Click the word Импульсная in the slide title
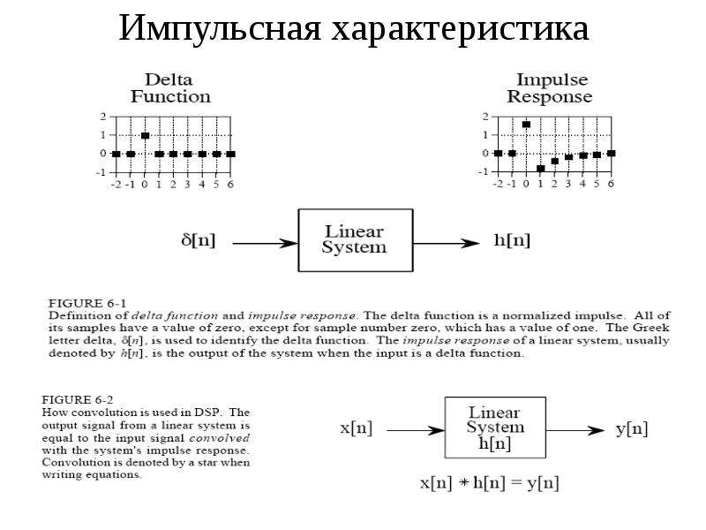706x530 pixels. pyautogui.click(x=220, y=29)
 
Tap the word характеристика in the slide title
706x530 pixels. pyautogui.click(x=460, y=30)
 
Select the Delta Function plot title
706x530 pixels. pyautogui.click(x=170, y=88)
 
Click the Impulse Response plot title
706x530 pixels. pyautogui.click(x=550, y=88)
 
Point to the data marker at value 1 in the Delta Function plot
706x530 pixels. pyautogui.click(x=145, y=135)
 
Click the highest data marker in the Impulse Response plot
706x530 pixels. pyautogui.click(x=526, y=125)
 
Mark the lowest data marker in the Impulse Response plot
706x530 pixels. pyautogui.click(x=540, y=169)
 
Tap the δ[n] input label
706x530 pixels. pyautogui.click(x=198, y=240)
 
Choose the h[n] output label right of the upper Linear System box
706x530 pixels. pyautogui.click(x=512, y=240)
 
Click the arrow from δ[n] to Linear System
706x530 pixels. pyautogui.click(x=266, y=244)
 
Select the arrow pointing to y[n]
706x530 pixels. pyautogui.click(x=575, y=430)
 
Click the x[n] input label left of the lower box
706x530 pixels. pyautogui.click(x=357, y=428)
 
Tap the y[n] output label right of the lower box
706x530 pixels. pyautogui.click(x=632, y=428)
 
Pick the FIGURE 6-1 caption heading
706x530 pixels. pyautogui.click(x=87, y=303)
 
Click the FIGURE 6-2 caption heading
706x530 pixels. pyautogui.click(x=78, y=400)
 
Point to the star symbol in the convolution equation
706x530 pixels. pyautogui.click(x=464, y=483)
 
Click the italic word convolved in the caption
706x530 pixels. pyautogui.click(x=219, y=438)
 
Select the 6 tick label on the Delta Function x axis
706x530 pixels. pyautogui.click(x=230, y=185)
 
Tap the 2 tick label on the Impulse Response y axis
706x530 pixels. pyautogui.click(x=485, y=117)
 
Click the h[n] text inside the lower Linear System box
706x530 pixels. pyautogui.click(x=495, y=443)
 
